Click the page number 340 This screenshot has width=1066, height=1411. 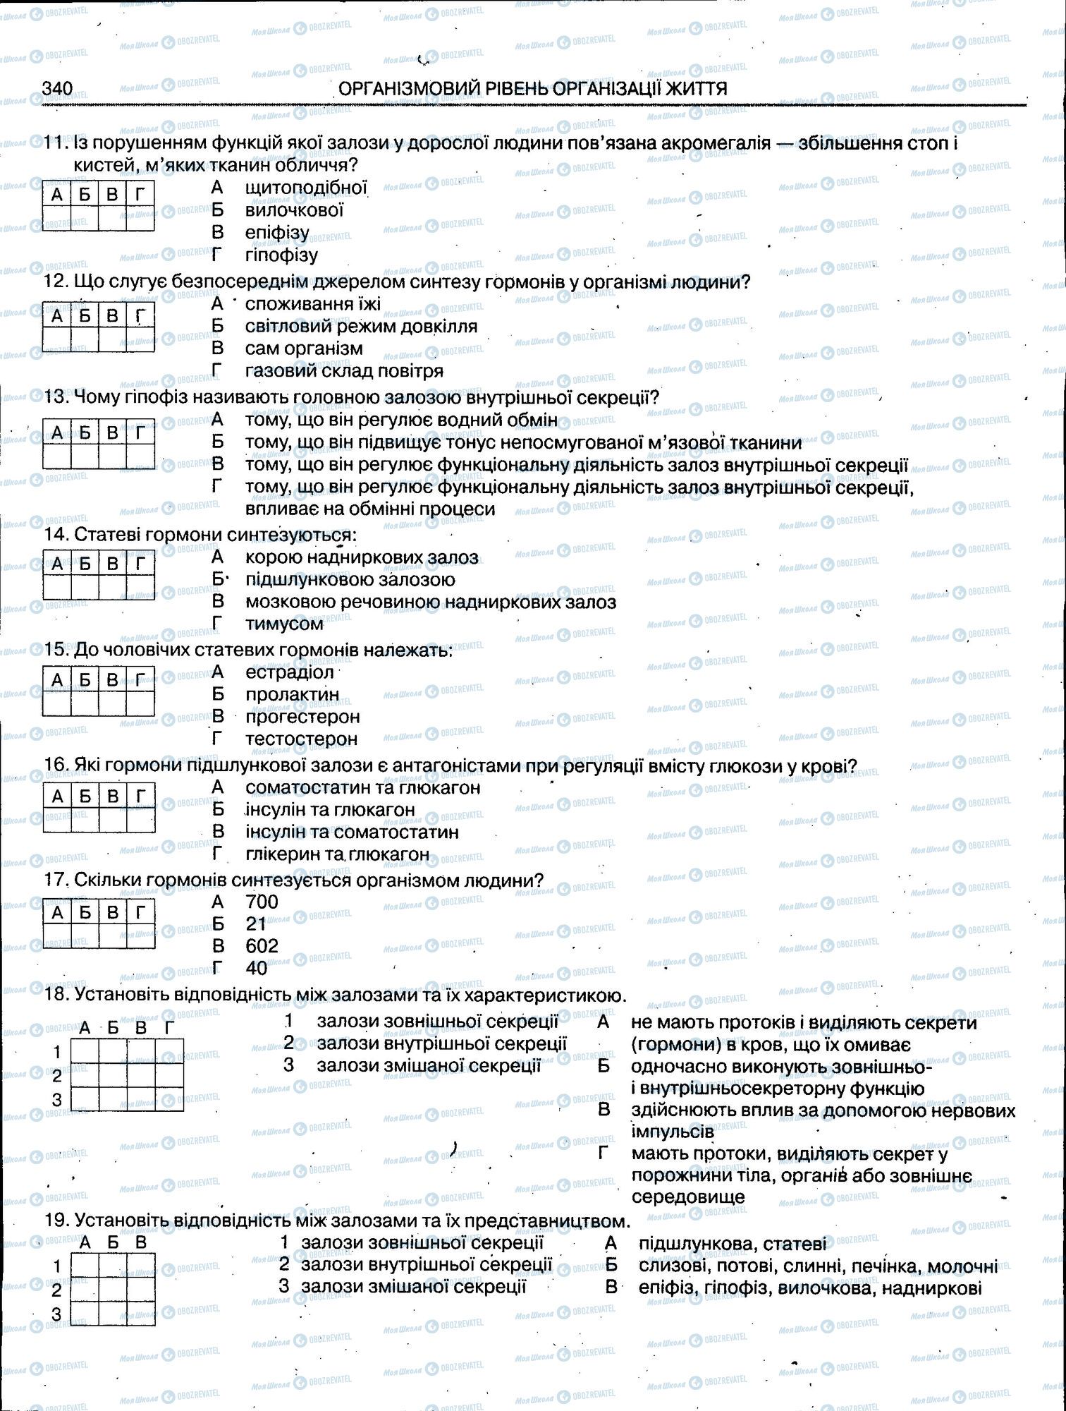tap(57, 88)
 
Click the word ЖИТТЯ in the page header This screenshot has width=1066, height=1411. tap(694, 88)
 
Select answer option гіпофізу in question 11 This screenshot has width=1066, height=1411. tap(281, 255)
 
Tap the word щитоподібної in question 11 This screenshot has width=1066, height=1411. tap(306, 188)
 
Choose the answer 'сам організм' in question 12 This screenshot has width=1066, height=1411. tap(304, 349)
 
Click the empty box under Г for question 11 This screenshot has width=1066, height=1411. tap(140, 217)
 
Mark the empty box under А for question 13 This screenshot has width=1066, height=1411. tap(57, 456)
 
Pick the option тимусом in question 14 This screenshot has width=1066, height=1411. tap(284, 624)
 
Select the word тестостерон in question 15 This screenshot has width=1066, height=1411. tap(301, 739)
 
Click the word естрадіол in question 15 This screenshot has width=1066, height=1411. tap(289, 672)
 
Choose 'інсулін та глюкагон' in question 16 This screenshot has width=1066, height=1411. tap(330, 809)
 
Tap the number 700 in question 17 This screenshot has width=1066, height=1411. tap(262, 902)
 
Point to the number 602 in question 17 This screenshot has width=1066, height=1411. tap(262, 945)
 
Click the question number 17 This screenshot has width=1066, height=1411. tap(54, 880)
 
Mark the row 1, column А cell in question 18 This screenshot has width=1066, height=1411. tap(85, 1051)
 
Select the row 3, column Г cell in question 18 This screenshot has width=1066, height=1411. tap(169, 1098)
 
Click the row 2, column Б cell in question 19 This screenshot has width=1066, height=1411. tap(113, 1290)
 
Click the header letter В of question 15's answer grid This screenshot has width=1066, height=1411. tap(113, 679)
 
